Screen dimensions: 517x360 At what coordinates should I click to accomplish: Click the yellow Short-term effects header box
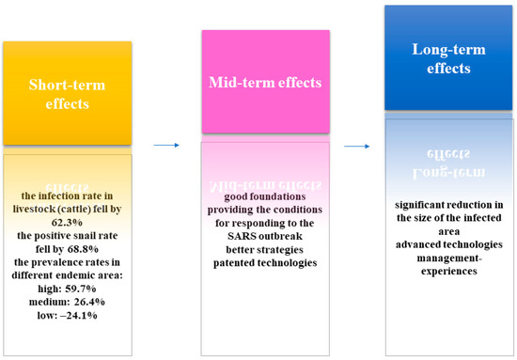(68, 93)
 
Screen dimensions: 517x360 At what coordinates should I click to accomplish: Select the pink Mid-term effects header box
(266, 82)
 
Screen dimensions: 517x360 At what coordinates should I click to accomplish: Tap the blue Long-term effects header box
(448, 57)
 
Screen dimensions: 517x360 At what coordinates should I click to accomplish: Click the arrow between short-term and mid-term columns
(166, 145)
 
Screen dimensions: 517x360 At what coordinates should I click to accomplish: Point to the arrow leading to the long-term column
(357, 146)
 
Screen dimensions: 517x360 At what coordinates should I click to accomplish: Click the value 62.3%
(67, 223)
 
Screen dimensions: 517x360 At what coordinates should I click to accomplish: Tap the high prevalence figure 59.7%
(81, 289)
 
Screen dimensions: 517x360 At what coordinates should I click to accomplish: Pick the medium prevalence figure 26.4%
(89, 302)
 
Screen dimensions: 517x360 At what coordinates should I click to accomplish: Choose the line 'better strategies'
(264, 250)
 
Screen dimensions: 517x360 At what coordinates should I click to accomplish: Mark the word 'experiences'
(449, 272)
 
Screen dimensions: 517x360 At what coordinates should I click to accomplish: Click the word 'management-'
(449, 258)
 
